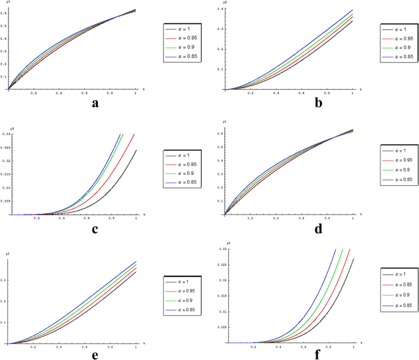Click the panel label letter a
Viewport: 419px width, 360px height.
95,103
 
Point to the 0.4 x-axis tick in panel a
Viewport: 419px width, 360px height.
59,93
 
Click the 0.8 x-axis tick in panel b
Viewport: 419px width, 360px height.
327,93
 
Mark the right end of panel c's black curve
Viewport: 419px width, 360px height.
136,150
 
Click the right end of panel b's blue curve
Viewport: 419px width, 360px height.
353,10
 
